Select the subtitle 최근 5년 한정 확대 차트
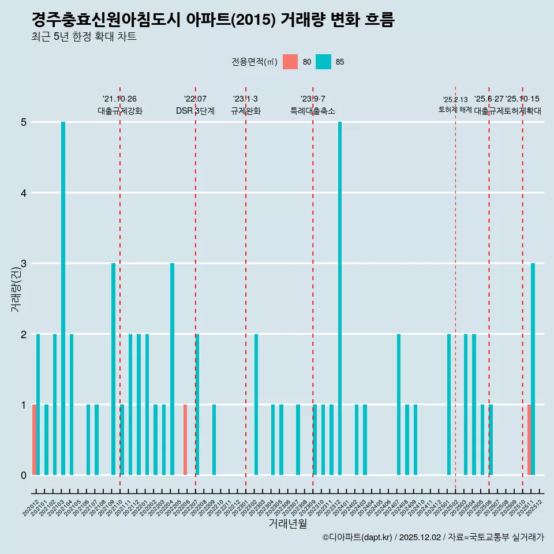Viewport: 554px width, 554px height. (84, 38)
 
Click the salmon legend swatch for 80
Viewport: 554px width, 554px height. (290, 62)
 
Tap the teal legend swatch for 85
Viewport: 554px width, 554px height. (323, 62)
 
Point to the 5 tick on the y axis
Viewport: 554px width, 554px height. (24, 122)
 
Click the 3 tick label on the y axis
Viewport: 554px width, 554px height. (24, 264)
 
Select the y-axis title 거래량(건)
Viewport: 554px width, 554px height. (16, 288)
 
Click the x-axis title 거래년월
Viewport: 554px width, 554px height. (287, 523)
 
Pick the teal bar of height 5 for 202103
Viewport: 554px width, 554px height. (63, 298)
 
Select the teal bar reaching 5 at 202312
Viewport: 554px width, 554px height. (340, 298)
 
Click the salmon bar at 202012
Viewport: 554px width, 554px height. (34, 440)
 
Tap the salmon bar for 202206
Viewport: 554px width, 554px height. (185, 440)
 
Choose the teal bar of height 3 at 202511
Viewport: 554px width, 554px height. (533, 369)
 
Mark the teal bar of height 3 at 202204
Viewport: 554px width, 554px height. (172, 369)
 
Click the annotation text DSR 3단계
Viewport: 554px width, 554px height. (195, 111)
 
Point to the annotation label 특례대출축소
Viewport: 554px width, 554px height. (312, 111)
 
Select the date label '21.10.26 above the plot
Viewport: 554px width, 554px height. (119, 99)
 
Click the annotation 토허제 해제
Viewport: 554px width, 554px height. (455, 110)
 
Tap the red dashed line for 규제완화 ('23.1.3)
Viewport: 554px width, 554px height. (246, 289)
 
